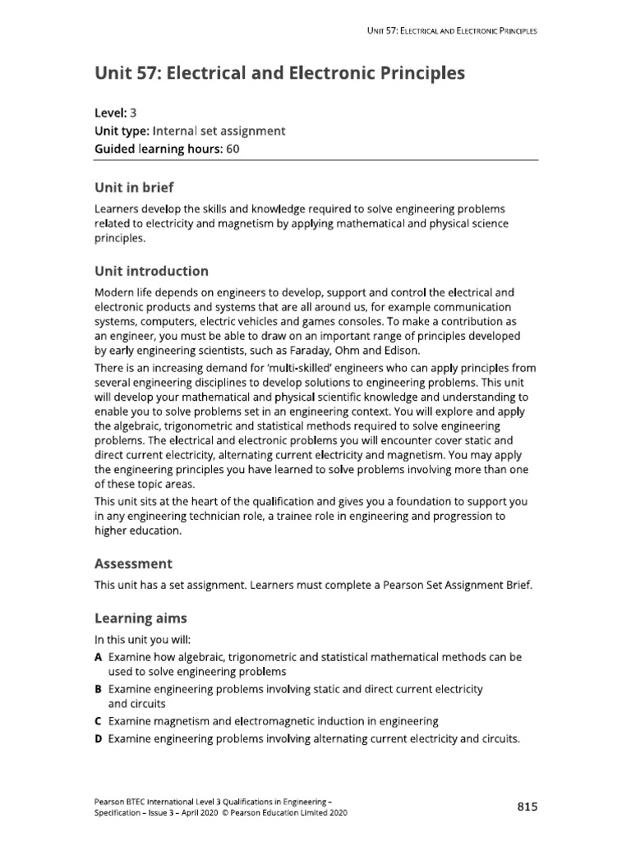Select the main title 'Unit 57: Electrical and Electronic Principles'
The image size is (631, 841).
(280, 74)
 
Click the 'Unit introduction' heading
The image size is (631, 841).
(151, 271)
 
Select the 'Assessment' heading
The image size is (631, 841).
(134, 564)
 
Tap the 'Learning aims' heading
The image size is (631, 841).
(140, 618)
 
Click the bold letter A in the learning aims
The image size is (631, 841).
(99, 658)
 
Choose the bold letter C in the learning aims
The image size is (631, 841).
(99, 721)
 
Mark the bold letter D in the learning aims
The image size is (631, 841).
(99, 738)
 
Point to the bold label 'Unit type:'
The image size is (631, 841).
(121, 131)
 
